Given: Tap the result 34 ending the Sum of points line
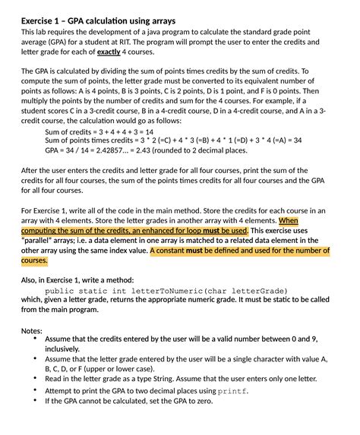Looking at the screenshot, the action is [297, 140].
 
